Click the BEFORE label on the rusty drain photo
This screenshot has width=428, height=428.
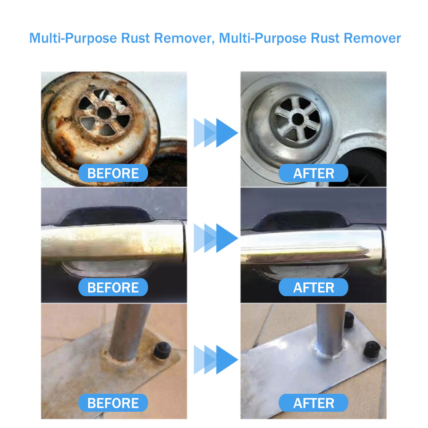coord(113,173)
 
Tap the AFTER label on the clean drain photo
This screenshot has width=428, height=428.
coord(313,173)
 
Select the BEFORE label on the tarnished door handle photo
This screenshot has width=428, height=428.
coord(113,288)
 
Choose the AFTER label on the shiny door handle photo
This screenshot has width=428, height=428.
coord(313,288)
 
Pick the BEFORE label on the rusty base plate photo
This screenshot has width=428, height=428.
coord(113,403)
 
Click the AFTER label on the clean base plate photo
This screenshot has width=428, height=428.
coord(313,403)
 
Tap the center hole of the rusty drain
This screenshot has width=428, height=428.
coord(104,112)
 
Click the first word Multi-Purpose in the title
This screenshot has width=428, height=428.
coord(73,39)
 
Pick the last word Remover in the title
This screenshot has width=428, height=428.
coord(372,39)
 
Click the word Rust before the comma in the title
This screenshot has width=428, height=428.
coord(136,39)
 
